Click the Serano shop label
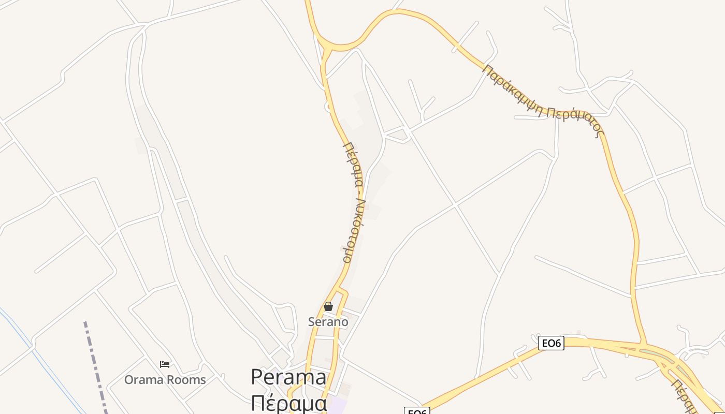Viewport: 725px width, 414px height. coord(328,322)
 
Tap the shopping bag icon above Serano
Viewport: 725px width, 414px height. coord(328,306)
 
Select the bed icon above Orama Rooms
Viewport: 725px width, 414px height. coord(165,364)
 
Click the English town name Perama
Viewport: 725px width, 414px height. coord(288,377)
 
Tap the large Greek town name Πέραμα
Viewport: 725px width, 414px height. coord(288,403)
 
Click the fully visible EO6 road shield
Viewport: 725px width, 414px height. coord(550,343)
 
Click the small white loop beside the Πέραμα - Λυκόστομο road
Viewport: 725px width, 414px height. coord(328,107)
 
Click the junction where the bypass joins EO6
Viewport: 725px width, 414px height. coord(644,344)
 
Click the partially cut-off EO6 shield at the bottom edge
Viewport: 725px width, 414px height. coord(417,411)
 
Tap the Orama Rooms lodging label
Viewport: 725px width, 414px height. coord(165,380)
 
